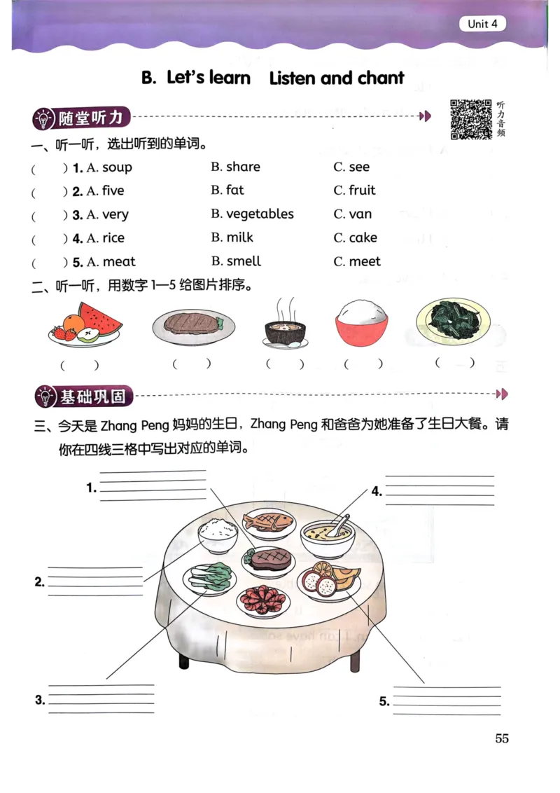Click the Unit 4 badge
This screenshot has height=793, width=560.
(482, 24)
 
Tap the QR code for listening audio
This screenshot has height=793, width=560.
(470, 120)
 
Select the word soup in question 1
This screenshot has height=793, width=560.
(117, 167)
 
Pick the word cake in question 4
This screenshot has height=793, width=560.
(363, 238)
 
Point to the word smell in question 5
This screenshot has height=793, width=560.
(244, 261)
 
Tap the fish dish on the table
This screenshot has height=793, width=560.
(265, 523)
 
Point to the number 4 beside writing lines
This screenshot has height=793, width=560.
(377, 491)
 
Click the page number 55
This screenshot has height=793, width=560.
(501, 738)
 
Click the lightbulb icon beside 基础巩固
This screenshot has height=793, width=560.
(45, 397)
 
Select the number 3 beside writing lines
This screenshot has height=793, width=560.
(40, 699)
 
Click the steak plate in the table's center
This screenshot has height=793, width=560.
(269, 560)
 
